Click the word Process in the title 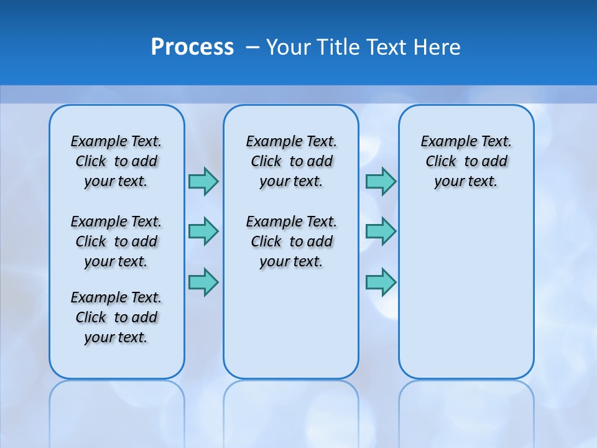pyautogui.click(x=192, y=47)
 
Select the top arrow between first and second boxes pyautogui.click(x=203, y=181)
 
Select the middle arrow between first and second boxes pyautogui.click(x=203, y=231)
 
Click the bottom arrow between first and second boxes pyautogui.click(x=203, y=282)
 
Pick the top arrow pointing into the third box pyautogui.click(x=381, y=181)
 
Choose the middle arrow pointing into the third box pyautogui.click(x=381, y=231)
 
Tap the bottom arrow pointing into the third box pyautogui.click(x=381, y=282)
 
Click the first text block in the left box pyautogui.click(x=116, y=161)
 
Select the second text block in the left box pyautogui.click(x=116, y=241)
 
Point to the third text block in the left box pyautogui.click(x=116, y=317)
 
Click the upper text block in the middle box pyautogui.click(x=291, y=161)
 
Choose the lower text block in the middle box pyautogui.click(x=291, y=241)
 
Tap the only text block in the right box pyautogui.click(x=466, y=161)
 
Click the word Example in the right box pyautogui.click(x=443, y=142)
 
